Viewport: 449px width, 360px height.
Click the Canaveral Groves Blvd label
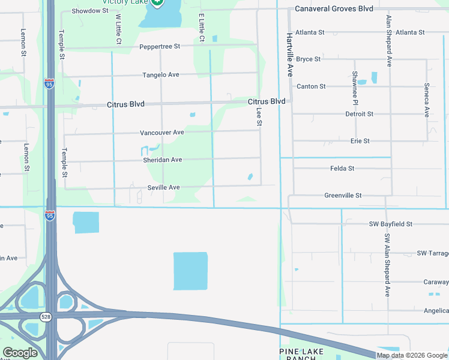coord(334,9)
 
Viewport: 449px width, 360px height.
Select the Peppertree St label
coord(160,47)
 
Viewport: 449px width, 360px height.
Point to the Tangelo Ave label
coord(161,75)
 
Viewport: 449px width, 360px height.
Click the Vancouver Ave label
coord(162,133)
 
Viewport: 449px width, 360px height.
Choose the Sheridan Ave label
coord(162,160)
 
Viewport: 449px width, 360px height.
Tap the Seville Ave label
coord(164,188)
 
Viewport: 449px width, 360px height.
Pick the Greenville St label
coord(343,196)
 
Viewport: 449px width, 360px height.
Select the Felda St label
coord(342,169)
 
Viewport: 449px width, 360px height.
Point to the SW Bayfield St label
coord(391,224)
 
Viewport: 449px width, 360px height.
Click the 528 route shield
coord(46,316)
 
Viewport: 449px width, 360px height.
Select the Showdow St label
coord(89,11)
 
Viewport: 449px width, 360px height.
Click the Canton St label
coord(311,86)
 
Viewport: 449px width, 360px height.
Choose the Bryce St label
coord(309,59)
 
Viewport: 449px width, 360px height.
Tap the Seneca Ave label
coord(426,100)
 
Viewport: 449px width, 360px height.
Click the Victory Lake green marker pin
coord(157,2)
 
